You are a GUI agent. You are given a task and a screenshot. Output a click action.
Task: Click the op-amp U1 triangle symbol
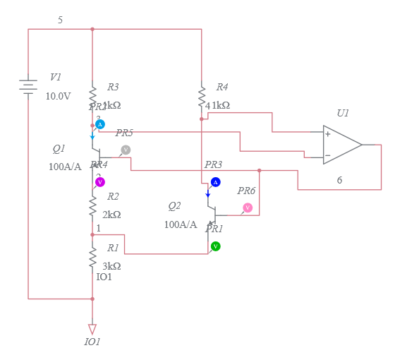coord(341,145)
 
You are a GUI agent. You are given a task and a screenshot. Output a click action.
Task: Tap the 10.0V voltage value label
coord(58,96)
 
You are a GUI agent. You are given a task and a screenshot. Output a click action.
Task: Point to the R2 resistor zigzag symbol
coord(92,205)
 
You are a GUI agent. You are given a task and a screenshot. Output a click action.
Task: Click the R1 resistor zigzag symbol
coord(92,258)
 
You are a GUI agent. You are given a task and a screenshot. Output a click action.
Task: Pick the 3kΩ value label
coord(111,266)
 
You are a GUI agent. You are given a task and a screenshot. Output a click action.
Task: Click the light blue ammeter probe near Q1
coord(99,124)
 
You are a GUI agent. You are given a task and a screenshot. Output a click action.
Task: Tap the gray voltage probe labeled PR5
coord(126,150)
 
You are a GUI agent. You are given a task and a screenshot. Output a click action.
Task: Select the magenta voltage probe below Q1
coord(99,181)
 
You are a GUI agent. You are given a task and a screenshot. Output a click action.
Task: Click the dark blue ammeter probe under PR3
coord(215,182)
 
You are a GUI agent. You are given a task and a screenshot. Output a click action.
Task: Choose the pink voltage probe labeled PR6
coord(248,208)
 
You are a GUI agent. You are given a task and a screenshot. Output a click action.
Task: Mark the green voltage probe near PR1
coord(215,246)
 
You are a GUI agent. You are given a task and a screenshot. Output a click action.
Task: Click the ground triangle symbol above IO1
coord(92,329)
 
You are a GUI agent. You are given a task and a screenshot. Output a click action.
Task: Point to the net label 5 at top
coord(60,20)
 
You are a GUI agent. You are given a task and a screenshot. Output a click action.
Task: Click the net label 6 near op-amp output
coord(339,181)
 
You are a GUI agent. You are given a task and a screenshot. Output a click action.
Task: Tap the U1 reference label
coord(343,113)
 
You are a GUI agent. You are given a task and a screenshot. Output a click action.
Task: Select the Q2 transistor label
coord(174,206)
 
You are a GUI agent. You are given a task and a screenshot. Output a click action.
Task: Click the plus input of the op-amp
coord(327,133)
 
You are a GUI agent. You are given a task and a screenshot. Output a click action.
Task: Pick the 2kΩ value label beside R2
coord(111,215)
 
